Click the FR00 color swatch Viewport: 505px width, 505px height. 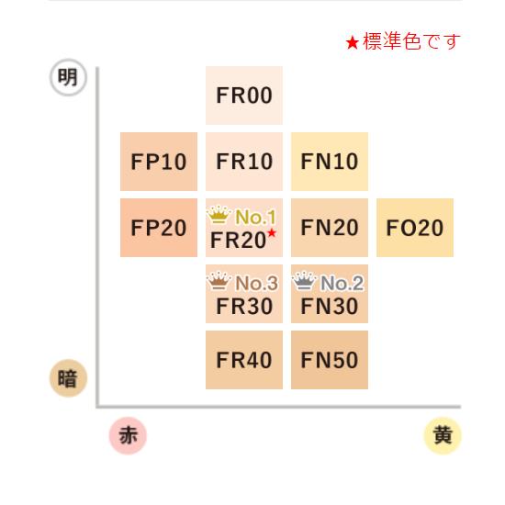point(244,95)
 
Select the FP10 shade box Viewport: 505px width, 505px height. point(159,162)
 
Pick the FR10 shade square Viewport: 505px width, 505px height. point(244,162)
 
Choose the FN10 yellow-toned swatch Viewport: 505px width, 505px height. point(330,162)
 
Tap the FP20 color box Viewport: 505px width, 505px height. point(159,228)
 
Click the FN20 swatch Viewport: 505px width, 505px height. point(330,228)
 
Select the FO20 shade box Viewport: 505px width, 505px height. point(415,228)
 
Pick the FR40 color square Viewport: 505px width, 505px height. point(244,360)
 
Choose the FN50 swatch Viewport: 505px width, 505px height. point(330,360)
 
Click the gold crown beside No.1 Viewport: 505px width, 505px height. point(219,215)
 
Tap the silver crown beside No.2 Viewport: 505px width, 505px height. point(304,281)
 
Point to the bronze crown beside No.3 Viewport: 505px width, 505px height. point(219,281)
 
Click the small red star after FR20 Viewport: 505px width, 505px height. point(272,232)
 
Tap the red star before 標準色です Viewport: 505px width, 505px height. point(353,42)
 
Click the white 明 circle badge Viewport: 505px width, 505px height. point(68,77)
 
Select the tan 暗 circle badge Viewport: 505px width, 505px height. point(68,378)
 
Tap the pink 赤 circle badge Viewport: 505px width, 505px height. point(128,435)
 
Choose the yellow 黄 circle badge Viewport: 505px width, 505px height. point(443,435)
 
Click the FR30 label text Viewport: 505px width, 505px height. point(244,306)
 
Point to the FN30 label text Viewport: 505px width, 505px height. point(330,306)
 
